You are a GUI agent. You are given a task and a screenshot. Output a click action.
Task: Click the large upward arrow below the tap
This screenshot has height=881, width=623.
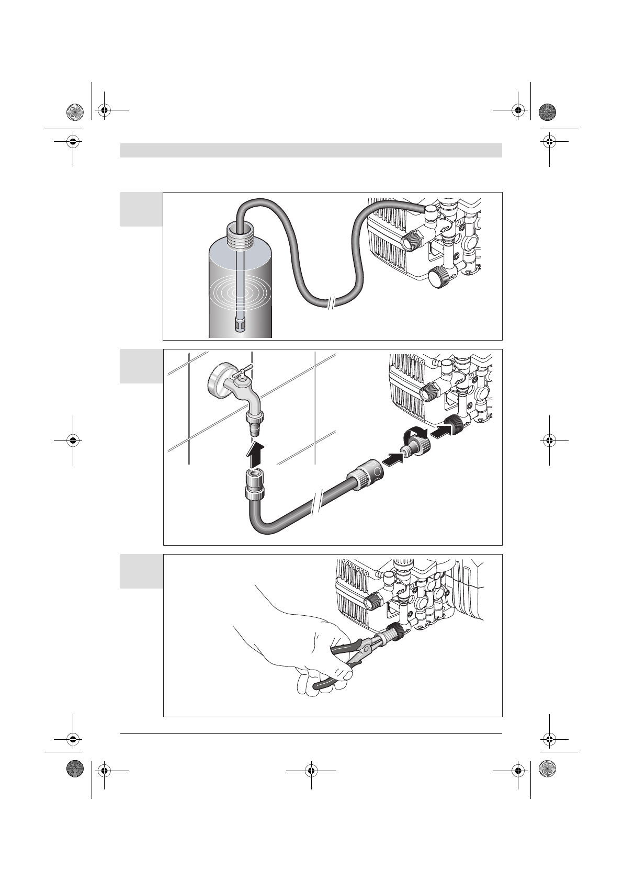pyautogui.click(x=256, y=453)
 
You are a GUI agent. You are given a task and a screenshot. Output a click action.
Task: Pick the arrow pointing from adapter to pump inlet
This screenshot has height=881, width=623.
pyautogui.click(x=441, y=431)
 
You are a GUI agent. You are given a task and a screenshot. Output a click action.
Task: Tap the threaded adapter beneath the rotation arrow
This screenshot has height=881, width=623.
pyautogui.click(x=416, y=448)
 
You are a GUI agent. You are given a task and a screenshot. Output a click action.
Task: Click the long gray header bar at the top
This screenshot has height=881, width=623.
pyautogui.click(x=311, y=150)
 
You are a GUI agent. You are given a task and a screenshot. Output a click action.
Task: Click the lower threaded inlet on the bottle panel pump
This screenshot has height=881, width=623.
pyautogui.click(x=439, y=276)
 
